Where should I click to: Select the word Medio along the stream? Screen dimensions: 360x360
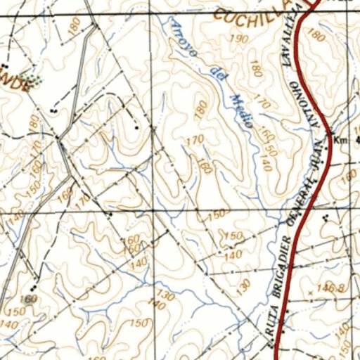click(x=240, y=108)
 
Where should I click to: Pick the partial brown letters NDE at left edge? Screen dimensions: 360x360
click(x=15, y=84)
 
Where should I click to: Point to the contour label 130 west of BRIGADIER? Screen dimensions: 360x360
click(x=244, y=285)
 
